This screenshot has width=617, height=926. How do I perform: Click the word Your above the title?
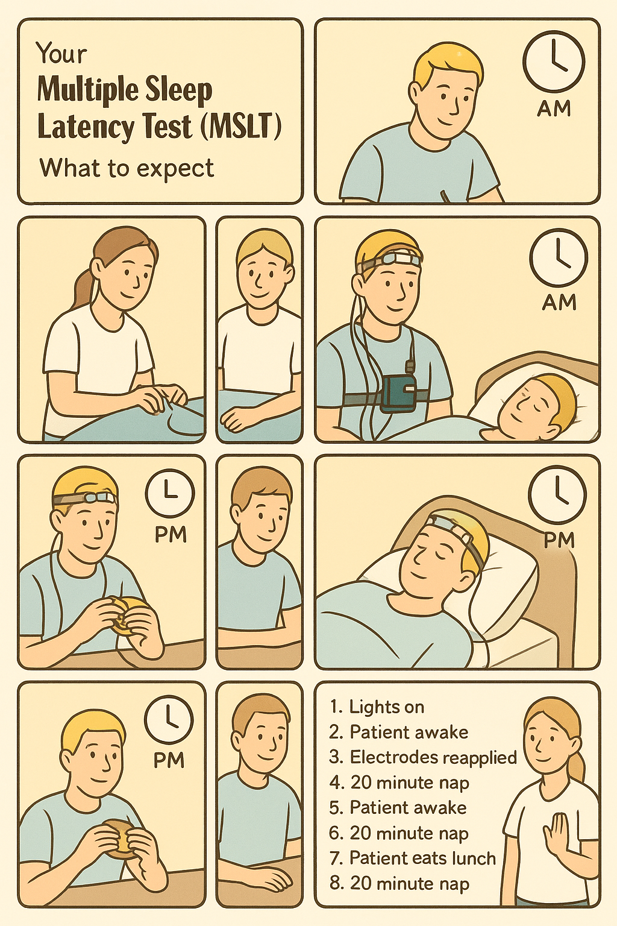61,54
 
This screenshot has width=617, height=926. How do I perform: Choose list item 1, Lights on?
377,707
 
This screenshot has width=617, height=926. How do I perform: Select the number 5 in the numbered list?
334,808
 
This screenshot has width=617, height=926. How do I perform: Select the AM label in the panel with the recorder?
559,303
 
